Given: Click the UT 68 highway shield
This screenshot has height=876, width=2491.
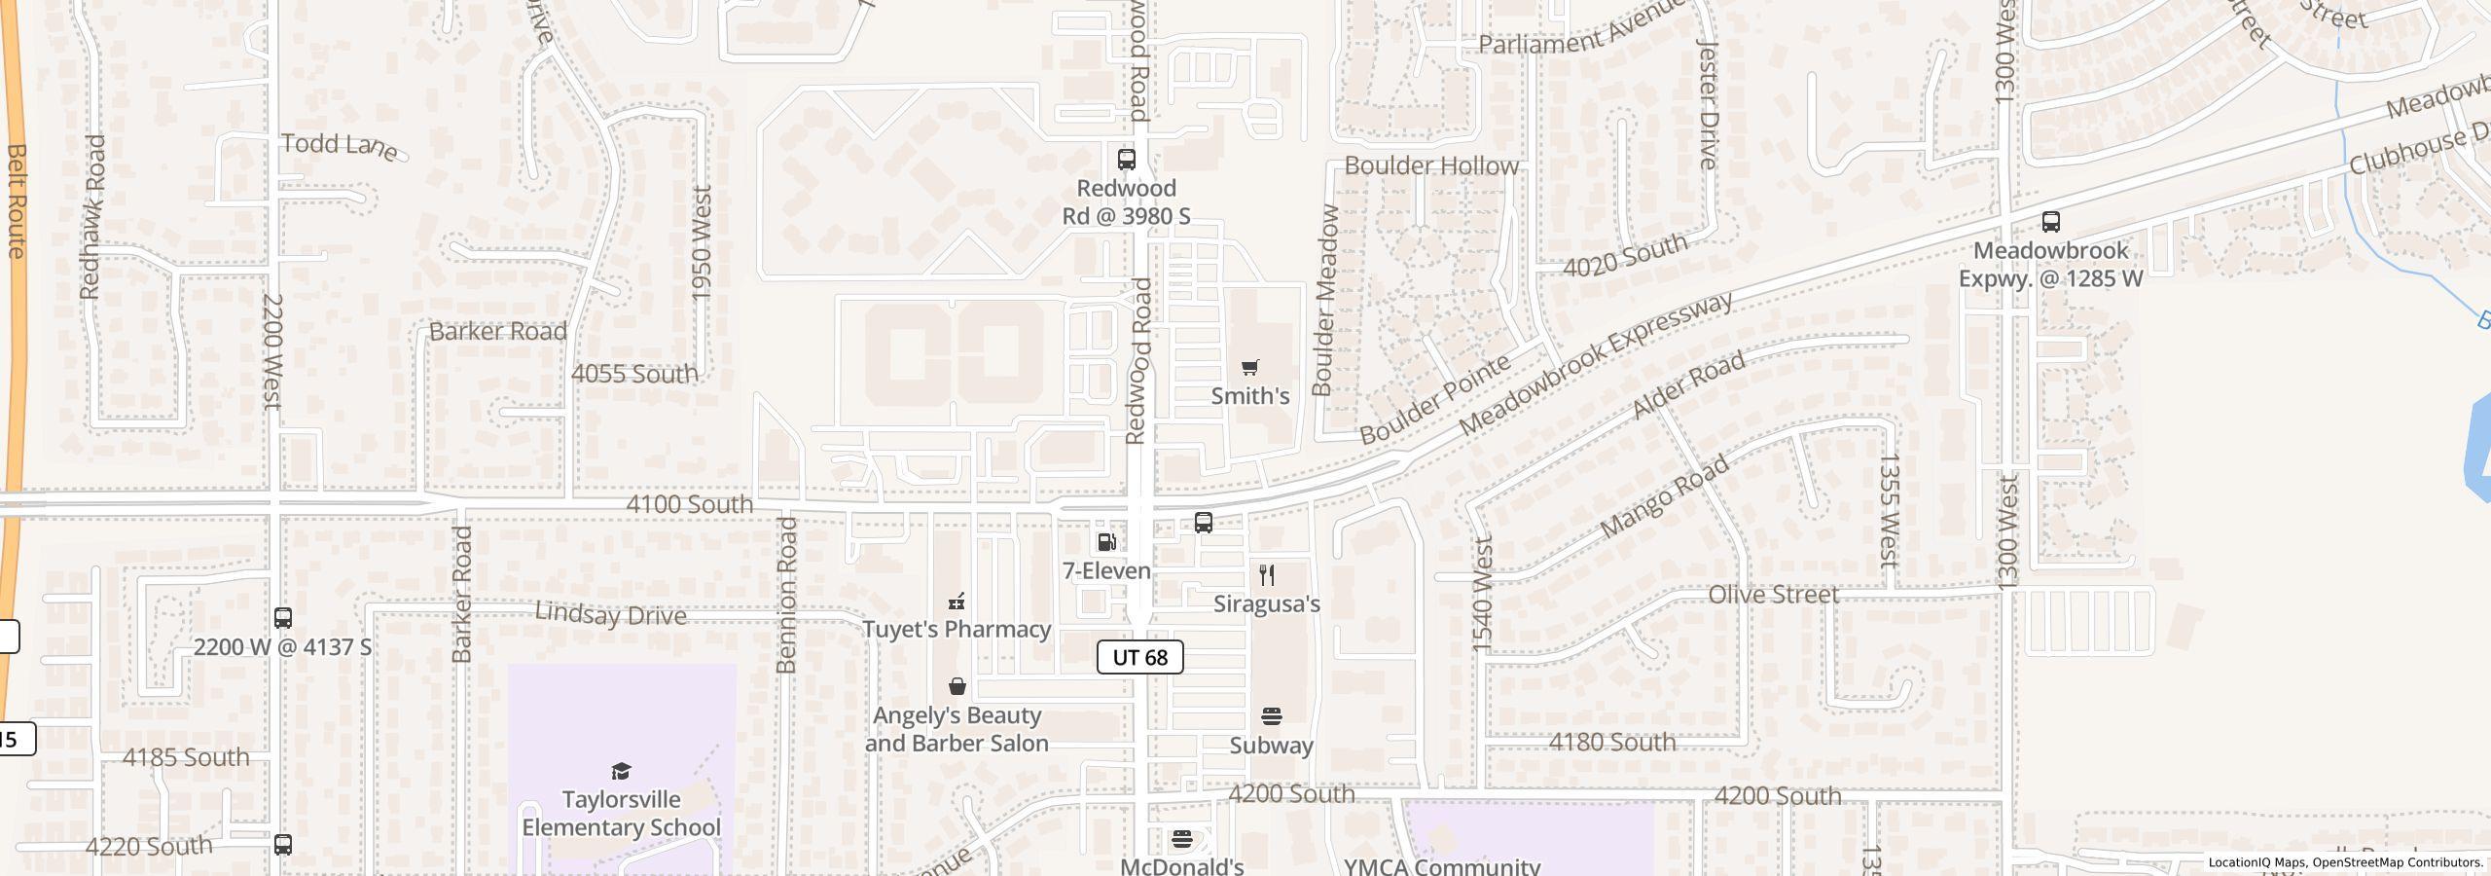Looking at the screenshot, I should pos(1139,657).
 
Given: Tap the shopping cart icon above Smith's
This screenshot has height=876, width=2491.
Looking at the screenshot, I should pos(1250,367).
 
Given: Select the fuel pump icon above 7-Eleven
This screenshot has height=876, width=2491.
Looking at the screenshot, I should pos(1106,542).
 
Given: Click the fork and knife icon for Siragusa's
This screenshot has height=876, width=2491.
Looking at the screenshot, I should pos(1266,574).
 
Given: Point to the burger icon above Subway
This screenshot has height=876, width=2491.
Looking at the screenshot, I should pos(1271,716).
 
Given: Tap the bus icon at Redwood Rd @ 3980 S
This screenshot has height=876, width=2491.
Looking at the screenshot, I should pos(1126,159).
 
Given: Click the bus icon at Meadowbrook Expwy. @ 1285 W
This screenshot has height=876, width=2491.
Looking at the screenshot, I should pos(2050,222).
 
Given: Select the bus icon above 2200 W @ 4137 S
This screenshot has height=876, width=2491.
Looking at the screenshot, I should pos(283,618).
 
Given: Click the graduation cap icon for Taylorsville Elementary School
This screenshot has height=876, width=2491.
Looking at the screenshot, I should pos(621,771).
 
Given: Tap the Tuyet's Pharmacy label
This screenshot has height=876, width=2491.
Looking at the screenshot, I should pos(957,629).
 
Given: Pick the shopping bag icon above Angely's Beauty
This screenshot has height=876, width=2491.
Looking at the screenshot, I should pos(957,686).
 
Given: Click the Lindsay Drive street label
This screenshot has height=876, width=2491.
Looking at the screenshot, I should pos(610,614).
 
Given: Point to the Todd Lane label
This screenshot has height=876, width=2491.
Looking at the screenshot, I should pos(340,145).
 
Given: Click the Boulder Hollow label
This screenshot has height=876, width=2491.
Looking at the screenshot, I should pos(1431,165).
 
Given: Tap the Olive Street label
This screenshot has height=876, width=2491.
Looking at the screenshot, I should pos(1773,594).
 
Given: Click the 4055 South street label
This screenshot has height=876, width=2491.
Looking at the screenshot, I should pos(634,373).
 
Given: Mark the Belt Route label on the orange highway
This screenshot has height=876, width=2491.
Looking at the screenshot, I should pos(16,201).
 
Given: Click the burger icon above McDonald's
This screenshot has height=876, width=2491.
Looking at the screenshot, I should pos(1182,838).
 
